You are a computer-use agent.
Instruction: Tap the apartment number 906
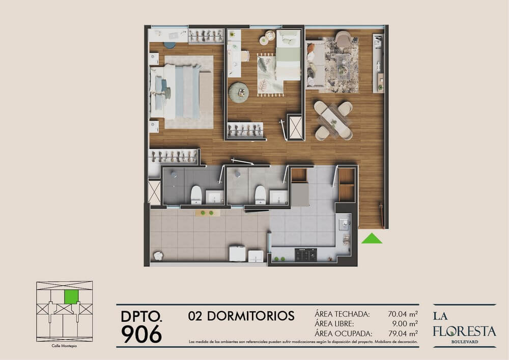pos(142,334)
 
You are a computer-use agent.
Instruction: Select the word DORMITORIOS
pos(250,316)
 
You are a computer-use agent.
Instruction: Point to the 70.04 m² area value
pos(403,314)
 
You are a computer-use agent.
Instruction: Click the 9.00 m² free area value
pos(405,324)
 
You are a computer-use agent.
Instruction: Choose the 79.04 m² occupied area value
pos(403,334)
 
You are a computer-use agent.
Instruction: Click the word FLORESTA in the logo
pos(464,331)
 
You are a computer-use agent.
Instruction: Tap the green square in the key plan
pos(71,297)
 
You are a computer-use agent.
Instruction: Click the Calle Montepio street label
pos(64,346)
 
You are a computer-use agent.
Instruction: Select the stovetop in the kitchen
pos(305,255)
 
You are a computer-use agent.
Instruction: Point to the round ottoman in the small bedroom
pos(239,92)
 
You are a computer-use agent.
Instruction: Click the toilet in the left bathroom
pos(196,195)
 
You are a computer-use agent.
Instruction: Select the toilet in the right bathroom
pos(260,195)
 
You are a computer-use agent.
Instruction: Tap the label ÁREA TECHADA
pos(342,314)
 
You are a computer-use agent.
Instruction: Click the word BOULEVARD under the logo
pos(465,342)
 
